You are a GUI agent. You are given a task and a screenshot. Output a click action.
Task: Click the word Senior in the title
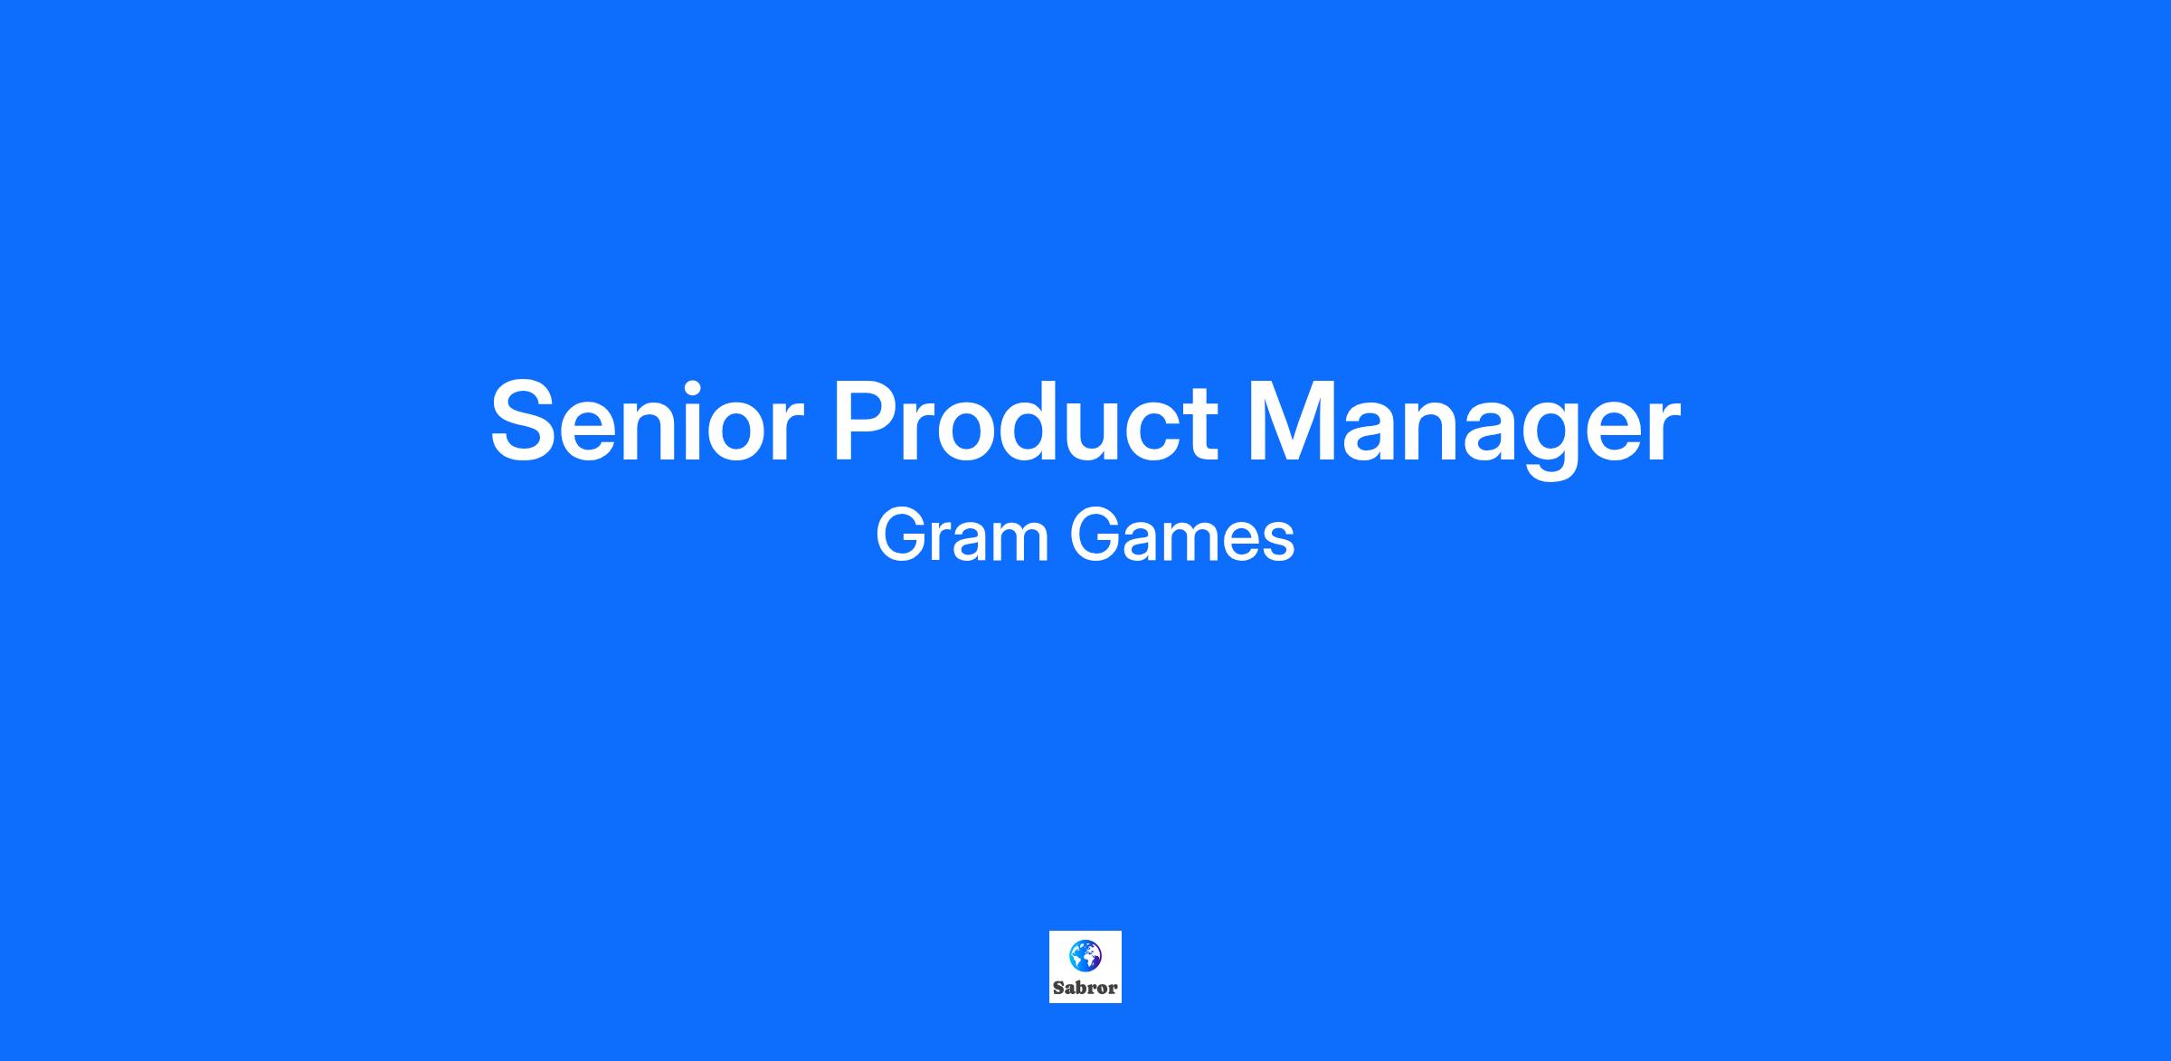[x=647, y=422]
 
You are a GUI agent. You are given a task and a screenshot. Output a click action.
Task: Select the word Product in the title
[x=1025, y=421]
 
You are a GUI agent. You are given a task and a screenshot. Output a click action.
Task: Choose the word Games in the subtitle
[x=1182, y=535]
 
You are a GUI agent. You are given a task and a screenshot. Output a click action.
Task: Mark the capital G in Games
[x=1096, y=535]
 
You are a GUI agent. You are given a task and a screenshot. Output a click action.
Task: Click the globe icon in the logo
[x=1085, y=954]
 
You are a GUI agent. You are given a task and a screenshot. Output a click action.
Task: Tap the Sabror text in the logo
[x=1085, y=989]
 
